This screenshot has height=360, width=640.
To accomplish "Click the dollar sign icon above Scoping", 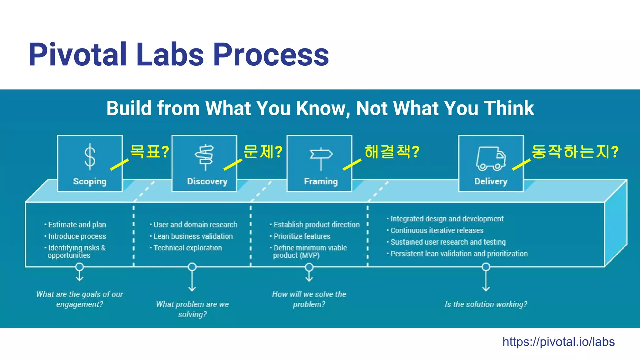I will pos(90,157).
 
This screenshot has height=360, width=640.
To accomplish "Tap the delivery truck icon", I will pos(491,158).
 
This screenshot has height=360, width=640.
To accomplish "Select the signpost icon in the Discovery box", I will pos(205,157).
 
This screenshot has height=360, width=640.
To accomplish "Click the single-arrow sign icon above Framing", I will pos(321,158).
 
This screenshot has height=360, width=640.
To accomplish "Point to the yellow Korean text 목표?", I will pos(149,152).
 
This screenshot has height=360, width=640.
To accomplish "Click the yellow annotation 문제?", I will pos(262,152).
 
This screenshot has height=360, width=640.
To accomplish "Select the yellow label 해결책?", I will pos(392,152).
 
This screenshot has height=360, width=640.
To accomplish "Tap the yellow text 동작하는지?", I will pos(574,152).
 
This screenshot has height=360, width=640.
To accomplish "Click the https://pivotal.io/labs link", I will pos(558,342).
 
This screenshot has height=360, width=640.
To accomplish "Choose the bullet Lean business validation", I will pos(193,236).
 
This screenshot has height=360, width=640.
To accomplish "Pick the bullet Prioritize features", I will pos(302,236).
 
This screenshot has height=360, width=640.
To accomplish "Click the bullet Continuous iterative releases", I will pos(437,231).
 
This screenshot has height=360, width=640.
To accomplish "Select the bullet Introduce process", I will pos(77,236).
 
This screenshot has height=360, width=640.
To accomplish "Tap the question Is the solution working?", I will pos(486,304).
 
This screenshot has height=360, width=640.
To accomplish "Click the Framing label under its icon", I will pos(321,182).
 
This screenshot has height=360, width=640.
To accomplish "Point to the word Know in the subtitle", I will pos(321,108).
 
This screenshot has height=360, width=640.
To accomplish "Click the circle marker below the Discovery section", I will pos(192,267).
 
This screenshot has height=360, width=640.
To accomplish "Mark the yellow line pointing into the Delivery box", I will pos(521,165).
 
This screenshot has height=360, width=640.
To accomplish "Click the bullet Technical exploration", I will pos(187,248).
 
